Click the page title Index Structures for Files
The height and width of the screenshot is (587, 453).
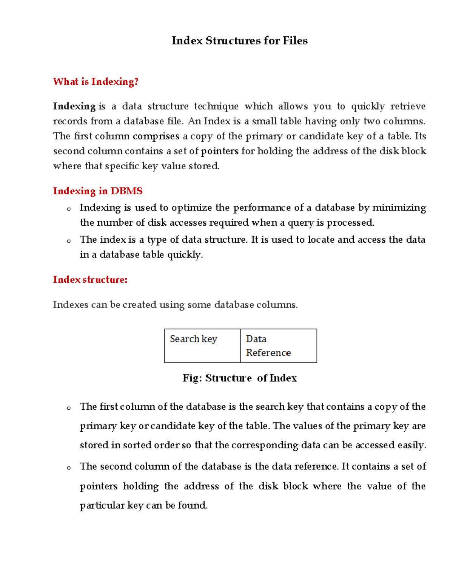coord(239,41)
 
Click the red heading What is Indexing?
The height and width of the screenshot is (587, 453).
coord(96,82)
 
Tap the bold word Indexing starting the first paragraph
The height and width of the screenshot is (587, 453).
coord(74,107)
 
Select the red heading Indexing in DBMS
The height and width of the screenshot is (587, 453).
coord(97,191)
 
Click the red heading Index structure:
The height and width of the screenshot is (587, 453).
coord(90,280)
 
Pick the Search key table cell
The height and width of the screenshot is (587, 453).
coord(202,346)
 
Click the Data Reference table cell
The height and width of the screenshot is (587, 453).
coord(279,346)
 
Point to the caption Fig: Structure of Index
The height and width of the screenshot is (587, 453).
coord(239,378)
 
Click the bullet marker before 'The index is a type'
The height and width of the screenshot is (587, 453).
coord(68,241)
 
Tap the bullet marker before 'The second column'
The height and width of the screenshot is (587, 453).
coord(68,468)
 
